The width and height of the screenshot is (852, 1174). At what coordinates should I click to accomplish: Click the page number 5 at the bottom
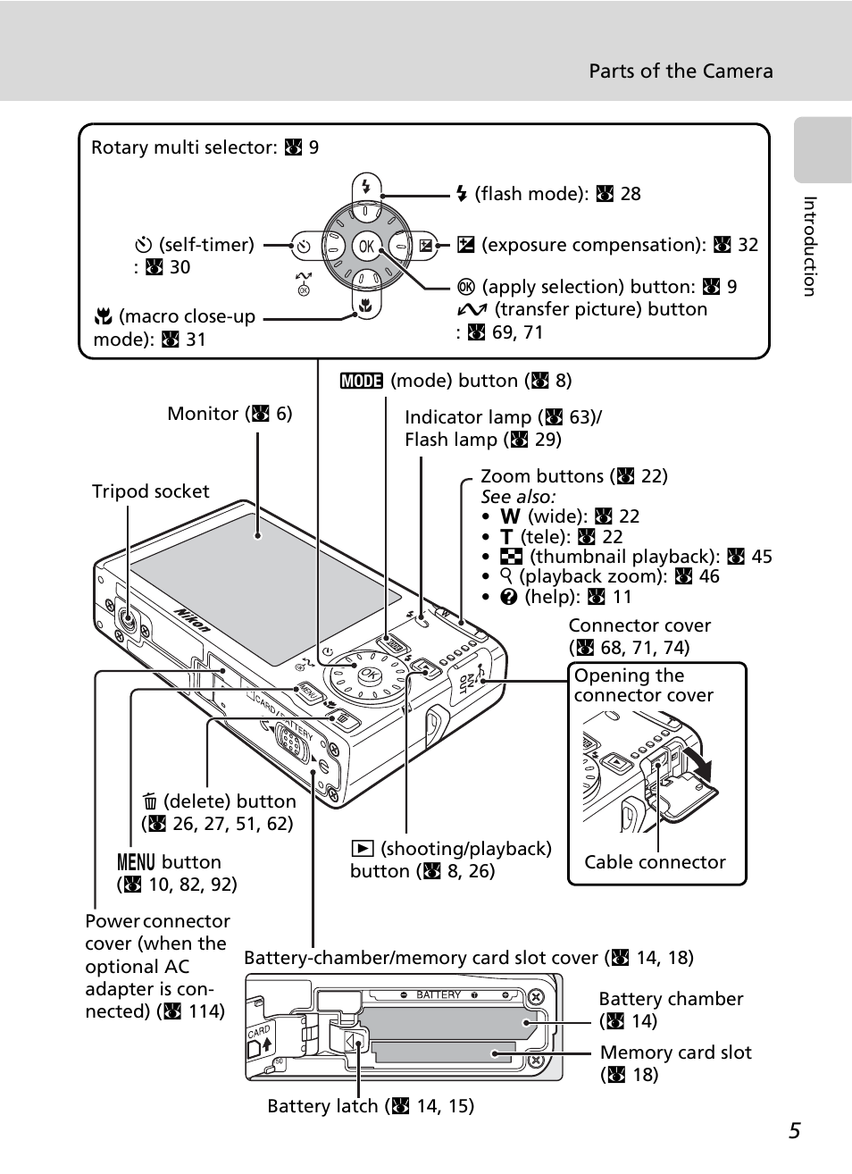(x=794, y=1131)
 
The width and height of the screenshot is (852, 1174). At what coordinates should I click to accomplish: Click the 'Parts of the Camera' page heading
(x=681, y=71)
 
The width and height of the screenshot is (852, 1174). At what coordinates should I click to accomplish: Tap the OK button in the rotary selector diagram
(x=366, y=246)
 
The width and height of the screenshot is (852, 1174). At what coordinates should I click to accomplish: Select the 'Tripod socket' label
(x=150, y=491)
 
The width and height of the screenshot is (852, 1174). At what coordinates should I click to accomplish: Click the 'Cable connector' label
(x=655, y=862)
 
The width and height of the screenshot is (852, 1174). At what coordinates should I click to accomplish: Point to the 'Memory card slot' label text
(x=675, y=1052)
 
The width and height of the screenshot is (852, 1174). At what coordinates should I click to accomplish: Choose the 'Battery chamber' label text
(x=671, y=999)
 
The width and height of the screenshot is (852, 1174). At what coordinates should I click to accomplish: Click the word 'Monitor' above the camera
(x=203, y=414)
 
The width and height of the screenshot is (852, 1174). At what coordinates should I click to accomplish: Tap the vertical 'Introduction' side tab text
(x=809, y=247)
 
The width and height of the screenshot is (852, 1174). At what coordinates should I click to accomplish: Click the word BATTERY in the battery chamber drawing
(x=439, y=994)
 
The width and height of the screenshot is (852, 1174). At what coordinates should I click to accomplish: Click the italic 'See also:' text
(x=518, y=497)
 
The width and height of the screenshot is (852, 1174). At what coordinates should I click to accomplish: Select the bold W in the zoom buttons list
(x=510, y=516)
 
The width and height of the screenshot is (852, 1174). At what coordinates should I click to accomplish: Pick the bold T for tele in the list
(x=506, y=537)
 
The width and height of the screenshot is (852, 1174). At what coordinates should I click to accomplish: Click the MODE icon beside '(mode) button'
(x=361, y=381)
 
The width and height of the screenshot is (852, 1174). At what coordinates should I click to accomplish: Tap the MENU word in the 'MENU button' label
(x=136, y=862)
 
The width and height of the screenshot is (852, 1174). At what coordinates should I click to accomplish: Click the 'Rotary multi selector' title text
(x=183, y=147)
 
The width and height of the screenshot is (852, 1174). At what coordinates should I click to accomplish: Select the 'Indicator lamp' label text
(x=467, y=417)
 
